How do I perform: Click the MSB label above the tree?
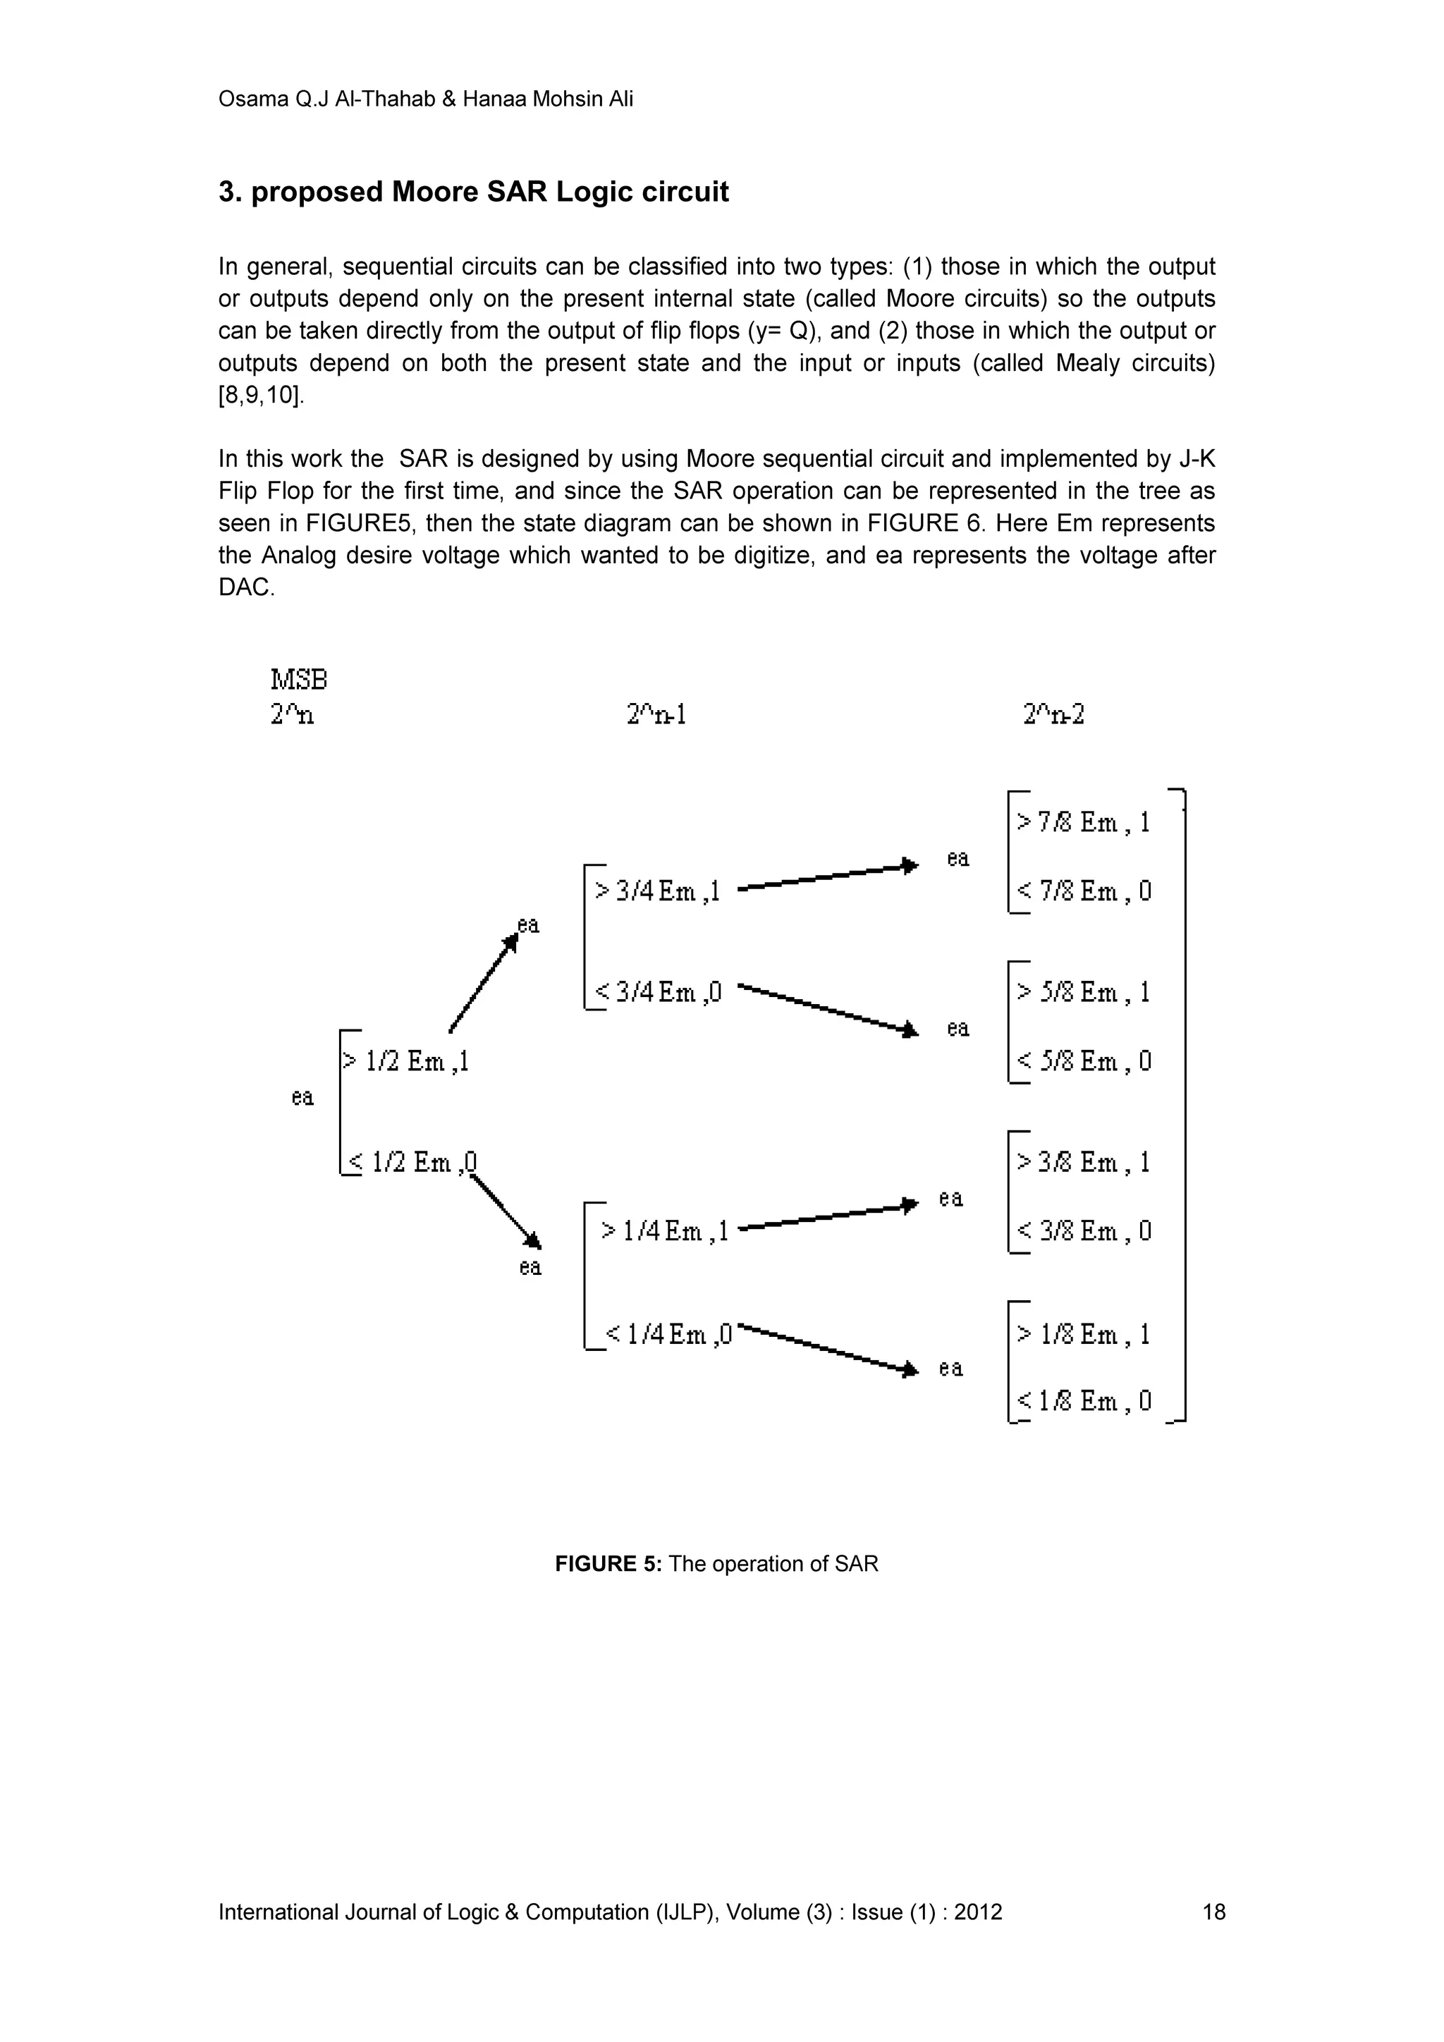pyautogui.click(x=299, y=680)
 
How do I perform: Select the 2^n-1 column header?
pyautogui.click(x=656, y=714)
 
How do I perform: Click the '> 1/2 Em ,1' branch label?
pyautogui.click(x=405, y=1061)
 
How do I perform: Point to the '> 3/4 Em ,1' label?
pyautogui.click(x=657, y=891)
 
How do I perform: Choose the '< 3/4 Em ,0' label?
pyautogui.click(x=657, y=991)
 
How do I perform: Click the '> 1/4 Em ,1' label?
pyautogui.click(x=664, y=1231)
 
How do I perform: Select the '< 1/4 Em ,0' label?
pyautogui.click(x=668, y=1334)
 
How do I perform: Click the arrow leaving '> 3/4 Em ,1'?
pyautogui.click(x=827, y=876)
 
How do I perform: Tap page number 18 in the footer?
pyautogui.click(x=1213, y=1912)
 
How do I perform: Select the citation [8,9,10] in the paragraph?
pyautogui.click(x=262, y=395)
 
